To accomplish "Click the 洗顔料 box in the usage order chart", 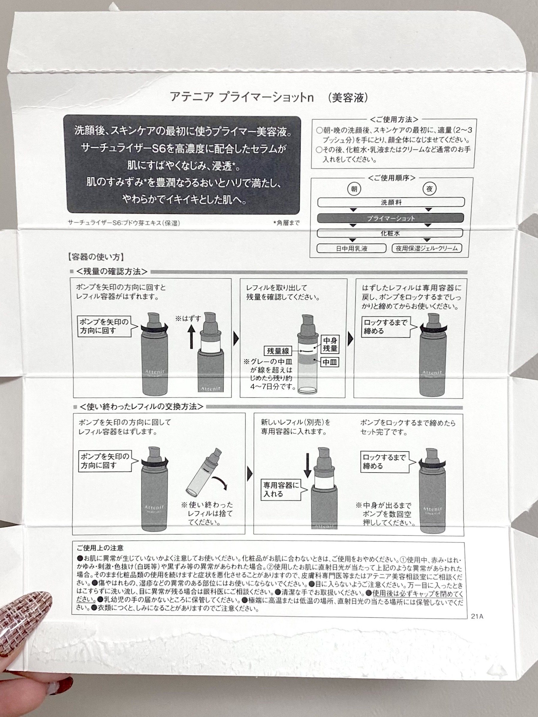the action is pos(391,202).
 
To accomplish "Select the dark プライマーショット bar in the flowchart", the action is pos(390,218).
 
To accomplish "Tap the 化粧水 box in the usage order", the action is pos(390,233).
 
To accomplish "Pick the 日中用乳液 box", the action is pos(351,248).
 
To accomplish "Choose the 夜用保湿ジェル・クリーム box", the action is pos(427,248).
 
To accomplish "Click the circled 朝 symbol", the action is pos(354,189).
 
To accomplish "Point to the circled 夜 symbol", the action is pos(429,189).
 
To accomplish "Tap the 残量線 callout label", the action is pos(278,351).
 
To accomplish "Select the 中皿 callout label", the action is pos(330,362).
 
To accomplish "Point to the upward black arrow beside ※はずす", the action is pos(191,337).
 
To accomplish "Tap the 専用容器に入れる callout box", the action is pos(281,489).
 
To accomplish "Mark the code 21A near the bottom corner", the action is pos(477,616).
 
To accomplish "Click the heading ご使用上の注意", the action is pos(100,548).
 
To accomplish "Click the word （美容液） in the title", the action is pos(348,97).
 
